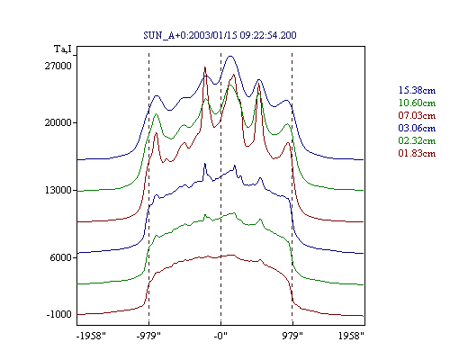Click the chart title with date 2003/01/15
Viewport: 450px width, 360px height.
[x=220, y=35]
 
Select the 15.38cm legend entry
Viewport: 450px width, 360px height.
[x=417, y=90]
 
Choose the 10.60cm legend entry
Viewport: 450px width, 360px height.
[x=417, y=103]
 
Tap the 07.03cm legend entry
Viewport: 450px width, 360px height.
[x=417, y=115]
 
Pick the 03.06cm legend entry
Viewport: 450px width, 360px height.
[x=417, y=128]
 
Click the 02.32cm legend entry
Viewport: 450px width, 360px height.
[x=417, y=140]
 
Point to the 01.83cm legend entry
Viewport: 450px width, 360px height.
[x=417, y=153]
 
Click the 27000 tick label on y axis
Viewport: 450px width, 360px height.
[x=58, y=66]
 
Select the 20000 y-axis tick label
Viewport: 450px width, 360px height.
[x=58, y=122]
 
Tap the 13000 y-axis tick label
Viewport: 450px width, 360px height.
[x=58, y=190]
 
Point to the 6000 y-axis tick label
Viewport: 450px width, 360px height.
[x=61, y=257]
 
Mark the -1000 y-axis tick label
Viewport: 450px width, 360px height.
[x=59, y=314]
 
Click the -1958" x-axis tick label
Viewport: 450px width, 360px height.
[x=92, y=336]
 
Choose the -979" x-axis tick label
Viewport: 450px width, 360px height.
[x=148, y=336]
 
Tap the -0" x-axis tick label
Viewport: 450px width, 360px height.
[x=220, y=336]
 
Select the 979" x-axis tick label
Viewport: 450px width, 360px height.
[x=292, y=336]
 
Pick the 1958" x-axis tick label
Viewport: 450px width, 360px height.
[x=351, y=336]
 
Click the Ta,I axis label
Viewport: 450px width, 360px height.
[x=63, y=49]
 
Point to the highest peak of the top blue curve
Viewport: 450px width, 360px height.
[x=230, y=56]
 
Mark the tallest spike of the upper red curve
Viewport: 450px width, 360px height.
[x=205, y=67]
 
